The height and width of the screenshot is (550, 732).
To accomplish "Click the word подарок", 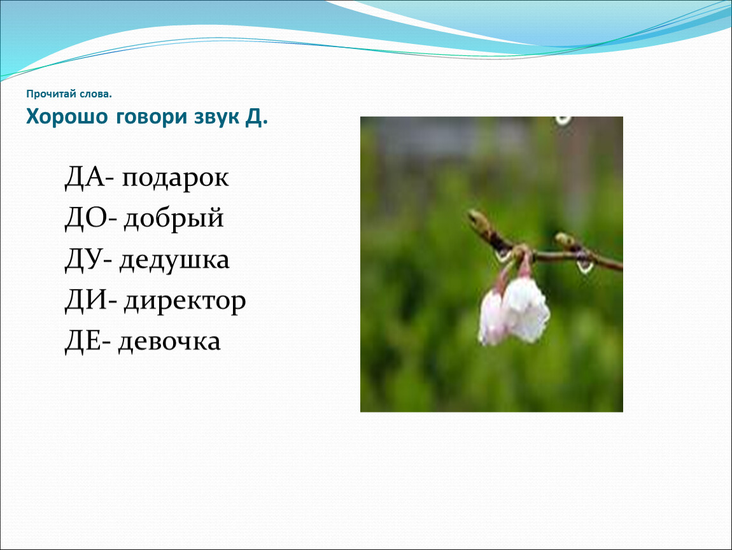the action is (x=175, y=178).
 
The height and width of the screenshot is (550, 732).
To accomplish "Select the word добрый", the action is (x=174, y=219).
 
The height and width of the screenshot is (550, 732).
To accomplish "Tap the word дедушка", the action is (x=174, y=260).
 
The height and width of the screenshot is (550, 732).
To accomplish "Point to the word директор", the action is (x=185, y=301).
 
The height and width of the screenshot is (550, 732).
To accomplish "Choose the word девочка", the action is (x=169, y=342).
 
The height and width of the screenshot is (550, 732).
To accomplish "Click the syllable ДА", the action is (x=85, y=177).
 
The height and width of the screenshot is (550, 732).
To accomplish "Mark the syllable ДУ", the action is (x=83, y=260).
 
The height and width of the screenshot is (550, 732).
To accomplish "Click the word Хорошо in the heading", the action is (x=67, y=116).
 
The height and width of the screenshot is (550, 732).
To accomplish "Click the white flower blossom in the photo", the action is (x=515, y=310).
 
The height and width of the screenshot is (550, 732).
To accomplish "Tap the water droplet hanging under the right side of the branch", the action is (x=584, y=267).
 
